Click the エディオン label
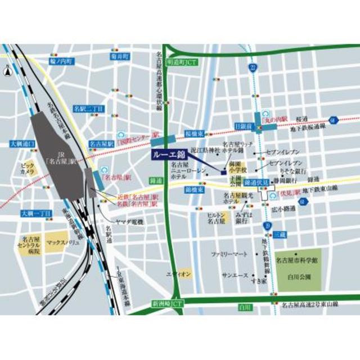point(179,274)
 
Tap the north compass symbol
point(7,71)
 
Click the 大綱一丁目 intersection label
point(36,214)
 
